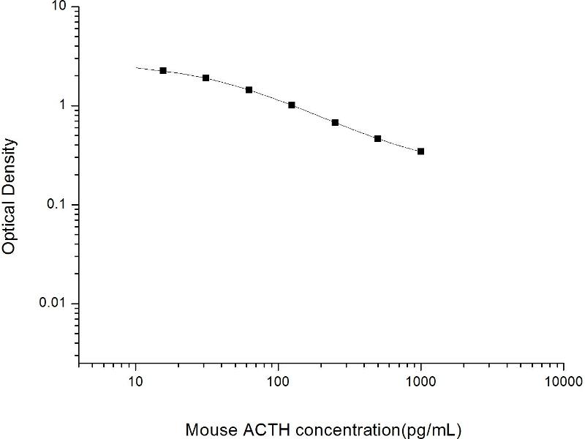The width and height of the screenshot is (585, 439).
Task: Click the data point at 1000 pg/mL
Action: pos(420,151)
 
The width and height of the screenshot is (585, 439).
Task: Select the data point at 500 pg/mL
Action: pos(377,138)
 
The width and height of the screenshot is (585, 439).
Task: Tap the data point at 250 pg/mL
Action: pos(335,122)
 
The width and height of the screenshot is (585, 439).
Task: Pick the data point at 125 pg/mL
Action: pos(292,105)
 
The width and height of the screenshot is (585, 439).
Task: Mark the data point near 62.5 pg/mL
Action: pos(249,90)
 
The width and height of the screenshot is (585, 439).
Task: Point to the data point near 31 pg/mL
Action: pos(206,78)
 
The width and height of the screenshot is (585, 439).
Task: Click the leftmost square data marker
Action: pos(163,70)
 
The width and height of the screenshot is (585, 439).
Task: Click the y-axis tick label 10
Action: pos(59,7)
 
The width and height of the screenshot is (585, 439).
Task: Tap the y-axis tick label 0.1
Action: pos(58,205)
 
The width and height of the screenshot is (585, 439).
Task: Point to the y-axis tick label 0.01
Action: pos(54,304)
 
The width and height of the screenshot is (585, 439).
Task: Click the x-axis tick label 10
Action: pos(135,382)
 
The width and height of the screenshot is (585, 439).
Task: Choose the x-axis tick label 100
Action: pos(278,382)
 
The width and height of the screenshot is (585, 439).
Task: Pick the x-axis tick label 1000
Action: pos(420,382)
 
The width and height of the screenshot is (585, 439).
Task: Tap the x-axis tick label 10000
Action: pos(563,382)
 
